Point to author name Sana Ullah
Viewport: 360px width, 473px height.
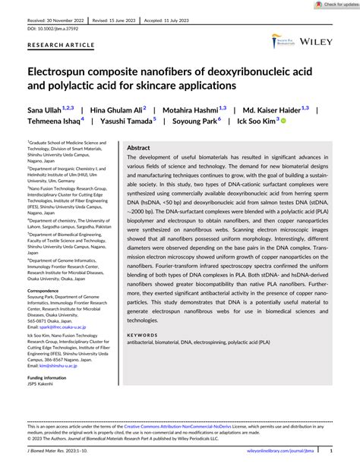(x=46, y=110)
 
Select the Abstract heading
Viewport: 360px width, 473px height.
(x=138, y=148)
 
